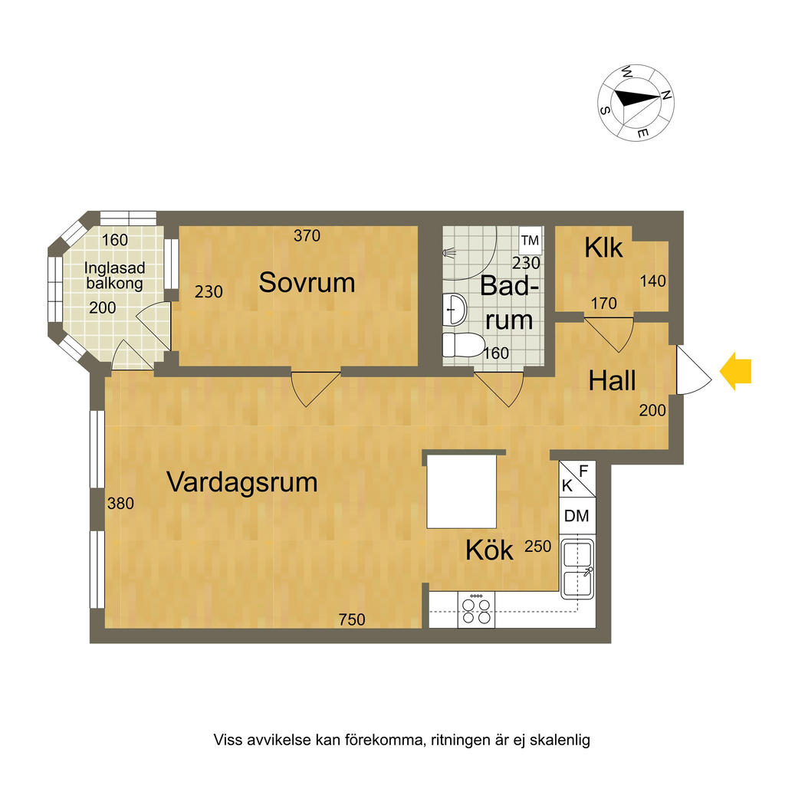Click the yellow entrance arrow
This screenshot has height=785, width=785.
pyautogui.click(x=735, y=372)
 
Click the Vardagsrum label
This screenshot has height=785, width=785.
pyautogui.click(x=242, y=483)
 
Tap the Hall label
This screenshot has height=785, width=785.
pyautogui.click(x=613, y=380)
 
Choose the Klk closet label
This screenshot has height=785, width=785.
pyautogui.click(x=603, y=248)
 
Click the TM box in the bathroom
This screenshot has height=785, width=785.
pyautogui.click(x=530, y=241)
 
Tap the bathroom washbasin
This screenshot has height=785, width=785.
pyautogui.click(x=455, y=310)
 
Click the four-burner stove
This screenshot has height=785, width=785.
pyautogui.click(x=475, y=610)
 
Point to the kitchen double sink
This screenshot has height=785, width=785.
pyautogui.click(x=577, y=569)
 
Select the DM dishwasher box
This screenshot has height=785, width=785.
pyautogui.click(x=576, y=516)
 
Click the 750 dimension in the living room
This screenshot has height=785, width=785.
pyautogui.click(x=353, y=619)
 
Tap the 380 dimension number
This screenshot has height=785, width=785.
pyautogui.click(x=120, y=504)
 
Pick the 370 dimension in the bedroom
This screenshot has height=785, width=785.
pyautogui.click(x=307, y=236)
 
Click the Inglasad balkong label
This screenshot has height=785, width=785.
pyautogui.click(x=114, y=275)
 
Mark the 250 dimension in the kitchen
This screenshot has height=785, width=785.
pyautogui.click(x=538, y=547)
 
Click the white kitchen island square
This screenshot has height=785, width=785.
pyautogui.click(x=461, y=491)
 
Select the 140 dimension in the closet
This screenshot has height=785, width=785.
pyautogui.click(x=653, y=281)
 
